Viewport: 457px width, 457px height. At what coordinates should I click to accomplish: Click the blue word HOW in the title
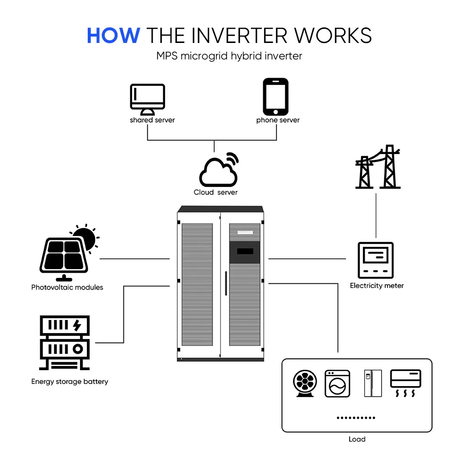113,35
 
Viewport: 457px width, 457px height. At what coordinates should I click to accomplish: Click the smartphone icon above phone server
276,96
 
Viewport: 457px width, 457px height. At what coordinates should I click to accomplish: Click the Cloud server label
216,192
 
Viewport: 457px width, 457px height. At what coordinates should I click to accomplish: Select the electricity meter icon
376,260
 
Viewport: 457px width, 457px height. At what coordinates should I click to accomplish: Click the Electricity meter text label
377,286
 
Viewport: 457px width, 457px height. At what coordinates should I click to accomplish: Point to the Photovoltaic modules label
67,287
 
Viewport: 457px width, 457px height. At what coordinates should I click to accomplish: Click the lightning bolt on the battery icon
77,325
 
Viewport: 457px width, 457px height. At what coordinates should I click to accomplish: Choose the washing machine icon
337,383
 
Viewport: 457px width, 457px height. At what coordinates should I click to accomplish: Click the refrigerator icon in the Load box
372,383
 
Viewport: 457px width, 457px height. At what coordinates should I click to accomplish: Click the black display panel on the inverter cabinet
244,252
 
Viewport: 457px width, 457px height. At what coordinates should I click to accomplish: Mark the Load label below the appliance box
356,439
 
